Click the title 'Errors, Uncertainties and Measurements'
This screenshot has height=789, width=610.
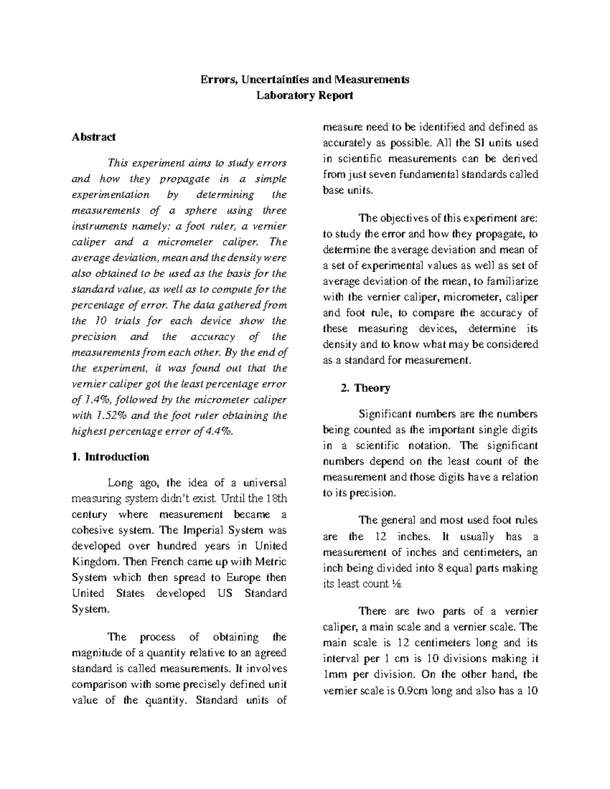point(304,79)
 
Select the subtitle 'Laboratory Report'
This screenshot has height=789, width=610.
point(304,95)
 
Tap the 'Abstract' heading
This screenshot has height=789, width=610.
point(94,137)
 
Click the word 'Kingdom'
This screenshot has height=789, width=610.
point(97,561)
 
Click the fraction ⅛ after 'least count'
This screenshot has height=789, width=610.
point(397,584)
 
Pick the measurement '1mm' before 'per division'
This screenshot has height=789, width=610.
point(333,675)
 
